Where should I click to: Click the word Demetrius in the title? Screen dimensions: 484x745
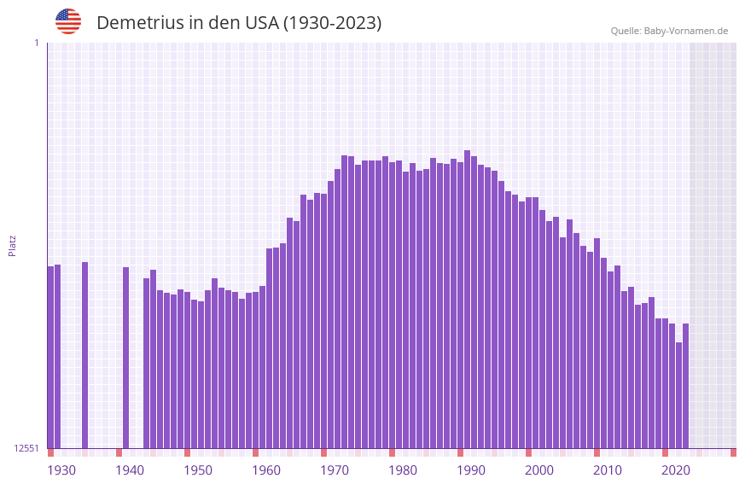[x=137, y=23]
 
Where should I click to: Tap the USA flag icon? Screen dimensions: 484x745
[x=68, y=21]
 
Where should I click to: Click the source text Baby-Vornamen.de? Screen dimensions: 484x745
[x=686, y=31]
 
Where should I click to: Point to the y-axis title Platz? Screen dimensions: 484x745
[x=12, y=246]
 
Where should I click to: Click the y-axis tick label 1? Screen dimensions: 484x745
[x=37, y=43]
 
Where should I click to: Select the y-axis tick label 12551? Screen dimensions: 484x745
[x=26, y=448]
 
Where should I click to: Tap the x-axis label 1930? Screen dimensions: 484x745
[x=61, y=470]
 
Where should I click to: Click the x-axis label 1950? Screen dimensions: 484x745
[x=198, y=470]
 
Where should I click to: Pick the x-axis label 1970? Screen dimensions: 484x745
[x=335, y=470]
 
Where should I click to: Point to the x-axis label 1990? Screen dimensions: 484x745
[x=471, y=470]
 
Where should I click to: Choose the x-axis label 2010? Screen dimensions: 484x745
[x=608, y=470]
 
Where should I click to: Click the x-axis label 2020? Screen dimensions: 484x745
[x=676, y=470]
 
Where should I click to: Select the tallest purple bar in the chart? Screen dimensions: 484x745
[x=467, y=299]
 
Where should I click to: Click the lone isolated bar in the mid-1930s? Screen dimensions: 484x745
[x=84, y=354]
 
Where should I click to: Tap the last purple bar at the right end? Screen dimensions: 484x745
[x=685, y=386]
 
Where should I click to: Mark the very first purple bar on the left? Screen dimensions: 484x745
[x=50, y=357]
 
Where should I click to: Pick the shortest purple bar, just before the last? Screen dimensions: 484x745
[x=678, y=395]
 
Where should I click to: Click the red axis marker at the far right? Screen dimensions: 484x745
[x=733, y=452]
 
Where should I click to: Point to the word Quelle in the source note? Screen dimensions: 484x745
[x=626, y=31]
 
